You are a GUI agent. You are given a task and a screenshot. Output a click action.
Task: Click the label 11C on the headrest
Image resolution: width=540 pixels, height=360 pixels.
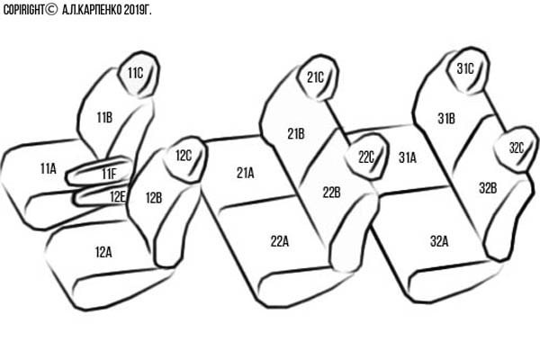[135, 73]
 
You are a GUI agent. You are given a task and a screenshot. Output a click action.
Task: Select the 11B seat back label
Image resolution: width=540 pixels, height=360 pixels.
[104, 118]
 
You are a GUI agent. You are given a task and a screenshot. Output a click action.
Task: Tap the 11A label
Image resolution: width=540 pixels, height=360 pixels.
[49, 168]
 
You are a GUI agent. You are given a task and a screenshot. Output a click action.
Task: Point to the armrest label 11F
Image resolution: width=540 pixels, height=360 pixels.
[109, 174]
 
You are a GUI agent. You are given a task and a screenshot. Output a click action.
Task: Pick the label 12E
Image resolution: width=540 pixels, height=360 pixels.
[118, 197]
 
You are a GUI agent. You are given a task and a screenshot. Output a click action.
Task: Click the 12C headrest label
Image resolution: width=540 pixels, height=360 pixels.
[184, 156]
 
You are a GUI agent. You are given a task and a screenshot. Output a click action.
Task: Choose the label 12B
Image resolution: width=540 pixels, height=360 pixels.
[154, 198]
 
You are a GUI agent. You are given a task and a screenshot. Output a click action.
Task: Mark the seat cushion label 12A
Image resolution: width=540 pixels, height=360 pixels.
[103, 253]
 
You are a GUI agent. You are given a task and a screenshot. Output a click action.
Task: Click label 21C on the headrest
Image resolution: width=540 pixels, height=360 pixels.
[316, 77]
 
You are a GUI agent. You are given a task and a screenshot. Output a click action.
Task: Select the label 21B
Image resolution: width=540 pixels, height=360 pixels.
[296, 134]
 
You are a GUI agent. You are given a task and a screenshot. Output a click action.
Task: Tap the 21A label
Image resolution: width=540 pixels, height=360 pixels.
[246, 173]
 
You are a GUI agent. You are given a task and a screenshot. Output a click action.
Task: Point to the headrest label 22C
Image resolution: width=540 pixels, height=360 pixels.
[366, 157]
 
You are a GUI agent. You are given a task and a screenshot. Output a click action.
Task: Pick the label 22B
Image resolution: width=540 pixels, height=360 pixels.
[331, 193]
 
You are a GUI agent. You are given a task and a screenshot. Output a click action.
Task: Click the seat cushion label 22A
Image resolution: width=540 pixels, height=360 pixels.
[280, 241]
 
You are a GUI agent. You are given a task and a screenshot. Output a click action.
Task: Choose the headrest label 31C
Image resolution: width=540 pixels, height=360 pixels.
[465, 69]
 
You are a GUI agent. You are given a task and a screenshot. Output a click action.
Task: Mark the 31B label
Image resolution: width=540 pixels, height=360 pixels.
[446, 119]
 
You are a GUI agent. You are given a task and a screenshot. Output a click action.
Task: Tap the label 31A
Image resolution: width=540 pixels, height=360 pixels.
[408, 157]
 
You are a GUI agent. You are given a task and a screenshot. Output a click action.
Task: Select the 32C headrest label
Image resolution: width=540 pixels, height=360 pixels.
[517, 148]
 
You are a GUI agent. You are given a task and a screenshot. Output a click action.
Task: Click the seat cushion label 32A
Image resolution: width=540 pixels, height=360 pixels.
[439, 241]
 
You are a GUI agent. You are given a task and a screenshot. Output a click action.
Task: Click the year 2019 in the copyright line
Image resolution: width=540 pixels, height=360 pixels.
[133, 10]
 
